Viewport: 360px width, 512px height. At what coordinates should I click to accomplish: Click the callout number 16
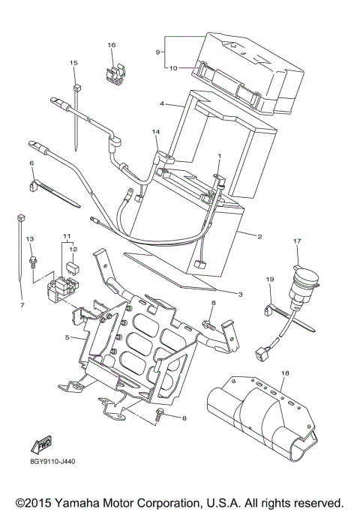pos(111,45)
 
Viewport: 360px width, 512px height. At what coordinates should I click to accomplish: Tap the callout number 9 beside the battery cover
pos(158,52)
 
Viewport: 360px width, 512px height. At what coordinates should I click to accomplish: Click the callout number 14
pos(156,132)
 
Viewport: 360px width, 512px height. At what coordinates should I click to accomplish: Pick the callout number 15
pos(73,63)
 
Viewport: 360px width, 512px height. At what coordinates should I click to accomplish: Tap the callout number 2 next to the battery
pos(259,237)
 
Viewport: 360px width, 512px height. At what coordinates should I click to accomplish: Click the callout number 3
pos(241,295)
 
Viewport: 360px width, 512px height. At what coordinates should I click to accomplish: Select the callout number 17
pos(296,241)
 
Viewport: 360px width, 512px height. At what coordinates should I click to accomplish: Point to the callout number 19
pos(269,279)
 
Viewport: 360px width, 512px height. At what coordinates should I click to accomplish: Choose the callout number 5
pos(67,337)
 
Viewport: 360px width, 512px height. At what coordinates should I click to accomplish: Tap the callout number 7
pos(22,306)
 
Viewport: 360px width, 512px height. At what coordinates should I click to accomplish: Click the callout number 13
pos(31,238)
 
